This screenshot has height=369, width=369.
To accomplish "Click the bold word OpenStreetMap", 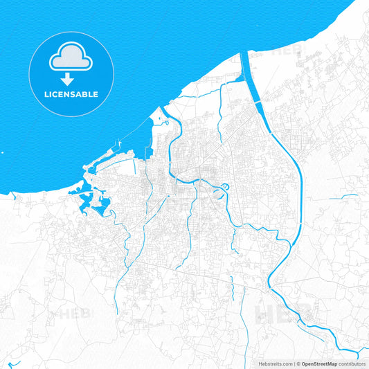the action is click(318, 363).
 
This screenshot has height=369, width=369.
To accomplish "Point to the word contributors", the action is click(352, 363).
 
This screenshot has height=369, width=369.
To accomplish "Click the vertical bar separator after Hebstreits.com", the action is click(294, 363).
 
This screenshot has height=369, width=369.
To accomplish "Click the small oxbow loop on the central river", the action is click(226, 187).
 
